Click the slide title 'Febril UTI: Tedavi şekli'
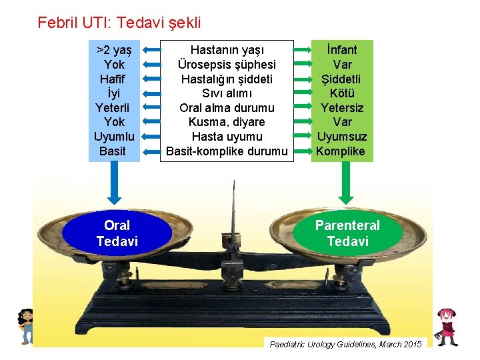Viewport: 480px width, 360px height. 119,23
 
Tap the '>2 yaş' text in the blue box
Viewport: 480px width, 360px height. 114,50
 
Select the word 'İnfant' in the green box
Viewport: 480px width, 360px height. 342,50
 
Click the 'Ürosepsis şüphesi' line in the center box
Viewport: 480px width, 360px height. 227,65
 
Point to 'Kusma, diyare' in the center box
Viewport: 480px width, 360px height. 227,122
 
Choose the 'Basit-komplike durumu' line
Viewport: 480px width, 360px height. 227,151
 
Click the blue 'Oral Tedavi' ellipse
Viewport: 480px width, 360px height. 117,233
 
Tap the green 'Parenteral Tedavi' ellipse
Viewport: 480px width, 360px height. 347,233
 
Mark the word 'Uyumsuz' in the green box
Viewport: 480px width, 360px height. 342,137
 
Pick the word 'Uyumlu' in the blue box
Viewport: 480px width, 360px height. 114,137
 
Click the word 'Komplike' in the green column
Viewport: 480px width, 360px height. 341,151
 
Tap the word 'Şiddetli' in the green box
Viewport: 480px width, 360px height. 342,79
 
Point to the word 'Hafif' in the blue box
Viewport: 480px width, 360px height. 114,79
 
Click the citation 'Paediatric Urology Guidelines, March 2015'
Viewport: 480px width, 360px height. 345,344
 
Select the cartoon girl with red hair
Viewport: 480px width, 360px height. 445,326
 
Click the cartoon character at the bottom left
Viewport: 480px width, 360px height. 26,325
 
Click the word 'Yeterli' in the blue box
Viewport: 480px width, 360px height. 114,108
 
